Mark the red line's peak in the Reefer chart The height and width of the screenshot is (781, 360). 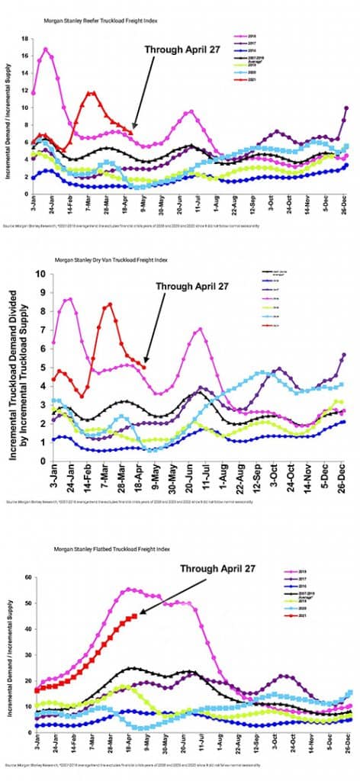92,92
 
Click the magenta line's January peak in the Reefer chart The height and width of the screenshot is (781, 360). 46,49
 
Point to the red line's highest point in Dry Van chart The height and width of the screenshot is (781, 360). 110,304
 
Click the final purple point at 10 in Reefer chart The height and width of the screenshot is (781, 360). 347,108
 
